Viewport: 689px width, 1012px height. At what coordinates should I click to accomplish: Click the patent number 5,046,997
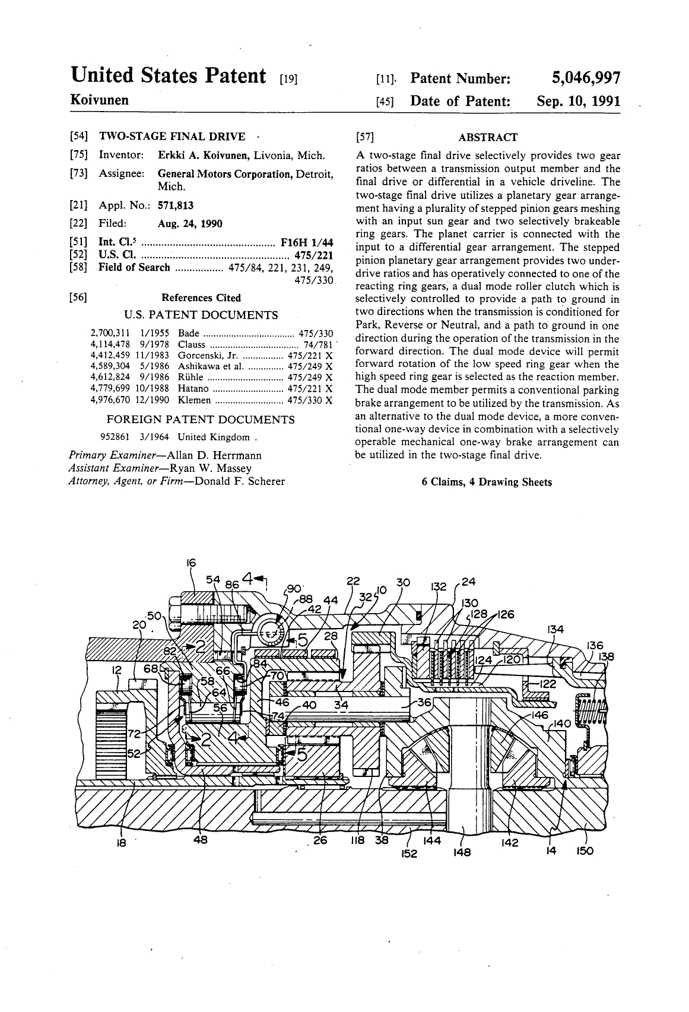pyautogui.click(x=586, y=78)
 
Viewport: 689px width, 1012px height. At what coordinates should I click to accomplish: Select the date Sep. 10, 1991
pyautogui.click(x=578, y=101)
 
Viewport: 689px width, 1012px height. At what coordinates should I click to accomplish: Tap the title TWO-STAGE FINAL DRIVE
pyautogui.click(x=172, y=137)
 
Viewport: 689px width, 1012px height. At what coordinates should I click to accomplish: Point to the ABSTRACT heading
pyautogui.click(x=488, y=137)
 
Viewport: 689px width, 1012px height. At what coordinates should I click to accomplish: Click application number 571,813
pyautogui.click(x=175, y=205)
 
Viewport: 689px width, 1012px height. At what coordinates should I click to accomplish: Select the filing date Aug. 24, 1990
pyautogui.click(x=190, y=224)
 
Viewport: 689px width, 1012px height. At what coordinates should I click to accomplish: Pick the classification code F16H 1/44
pyautogui.click(x=307, y=243)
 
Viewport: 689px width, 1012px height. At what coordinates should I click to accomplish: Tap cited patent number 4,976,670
pyautogui.click(x=110, y=400)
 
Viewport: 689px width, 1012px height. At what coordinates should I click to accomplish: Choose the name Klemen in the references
pyautogui.click(x=194, y=400)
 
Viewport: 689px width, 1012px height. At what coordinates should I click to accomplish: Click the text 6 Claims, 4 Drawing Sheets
pyautogui.click(x=487, y=482)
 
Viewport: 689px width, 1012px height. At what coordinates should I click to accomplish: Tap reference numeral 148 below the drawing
pyautogui.click(x=462, y=852)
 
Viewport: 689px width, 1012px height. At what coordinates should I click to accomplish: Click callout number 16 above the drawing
pyautogui.click(x=191, y=563)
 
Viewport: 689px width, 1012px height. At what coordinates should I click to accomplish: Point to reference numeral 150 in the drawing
pyautogui.click(x=585, y=852)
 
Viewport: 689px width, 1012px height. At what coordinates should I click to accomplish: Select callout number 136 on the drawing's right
pyautogui.click(x=595, y=646)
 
